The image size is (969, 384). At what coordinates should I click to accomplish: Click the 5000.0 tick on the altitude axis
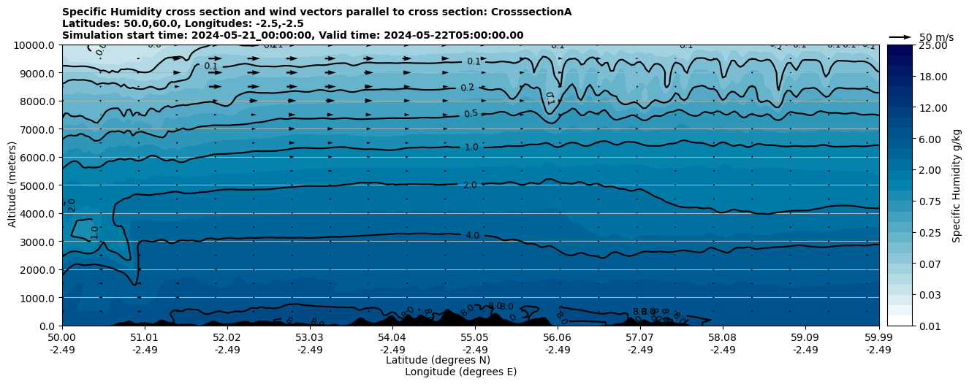pyautogui.click(x=36, y=185)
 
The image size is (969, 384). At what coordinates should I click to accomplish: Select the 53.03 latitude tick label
pyautogui.click(x=310, y=338)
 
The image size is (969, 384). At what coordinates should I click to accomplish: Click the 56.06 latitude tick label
pyautogui.click(x=558, y=338)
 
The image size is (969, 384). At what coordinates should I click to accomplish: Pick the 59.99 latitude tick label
pyautogui.click(x=878, y=338)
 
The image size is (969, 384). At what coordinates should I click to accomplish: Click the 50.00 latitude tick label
pyautogui.click(x=62, y=338)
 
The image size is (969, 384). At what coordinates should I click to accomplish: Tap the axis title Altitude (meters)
pyautogui.click(x=12, y=185)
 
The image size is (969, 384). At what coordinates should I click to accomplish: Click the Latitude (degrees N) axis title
pyautogui.click(x=438, y=360)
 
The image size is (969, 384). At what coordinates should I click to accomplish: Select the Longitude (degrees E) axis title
pyautogui.click(x=460, y=372)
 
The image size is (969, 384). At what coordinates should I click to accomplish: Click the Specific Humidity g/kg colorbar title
pyautogui.click(x=957, y=185)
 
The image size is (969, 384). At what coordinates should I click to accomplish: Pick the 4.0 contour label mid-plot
pyautogui.click(x=472, y=236)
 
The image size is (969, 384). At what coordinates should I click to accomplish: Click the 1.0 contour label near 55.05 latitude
pyautogui.click(x=471, y=147)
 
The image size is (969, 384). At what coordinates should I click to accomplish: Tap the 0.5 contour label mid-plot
pyautogui.click(x=471, y=114)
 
